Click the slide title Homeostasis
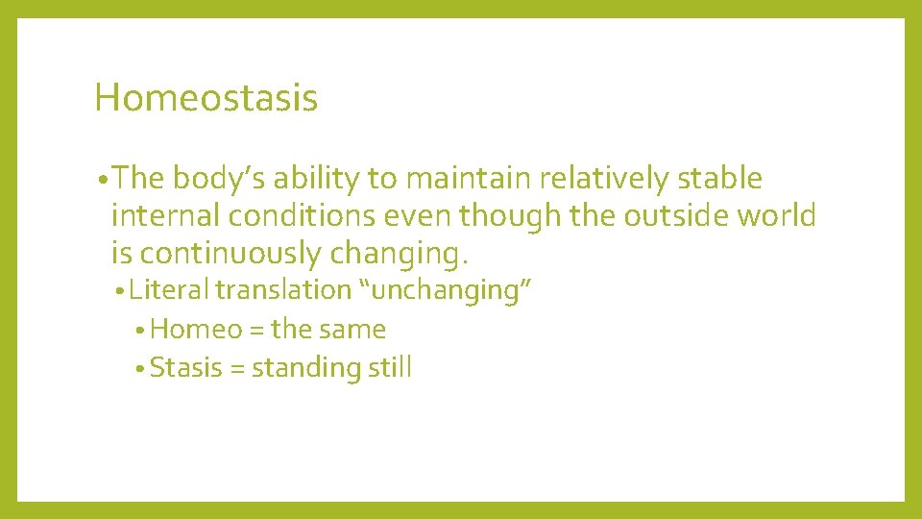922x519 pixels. (x=206, y=97)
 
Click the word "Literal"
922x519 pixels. (x=169, y=289)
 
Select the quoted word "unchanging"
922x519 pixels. (x=446, y=289)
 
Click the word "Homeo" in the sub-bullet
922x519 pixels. (x=196, y=329)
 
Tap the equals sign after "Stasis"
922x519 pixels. (x=237, y=368)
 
